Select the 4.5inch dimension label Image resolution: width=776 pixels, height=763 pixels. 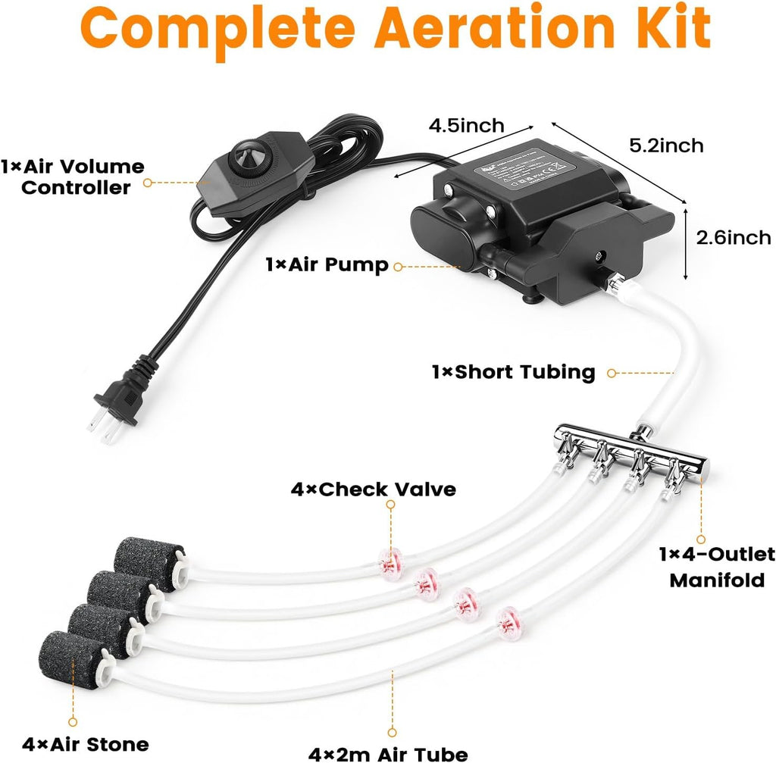coord(465,125)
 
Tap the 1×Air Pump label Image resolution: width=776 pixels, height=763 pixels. coord(327,265)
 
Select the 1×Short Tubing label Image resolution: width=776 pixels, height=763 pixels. coord(513,372)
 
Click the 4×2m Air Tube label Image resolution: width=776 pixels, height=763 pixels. coord(387,752)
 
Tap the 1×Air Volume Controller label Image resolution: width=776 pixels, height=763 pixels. coord(73,177)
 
